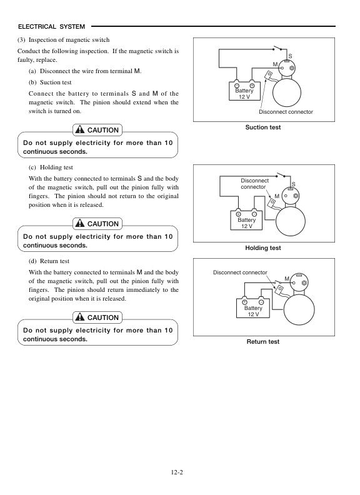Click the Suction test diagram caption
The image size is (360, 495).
coord(262,127)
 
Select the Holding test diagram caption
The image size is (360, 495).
coord(262,248)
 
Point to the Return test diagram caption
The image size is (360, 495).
coord(262,342)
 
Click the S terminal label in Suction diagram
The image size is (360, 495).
coord(290,57)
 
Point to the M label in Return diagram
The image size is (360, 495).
coord(286,278)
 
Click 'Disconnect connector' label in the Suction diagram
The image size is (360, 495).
coord(286,111)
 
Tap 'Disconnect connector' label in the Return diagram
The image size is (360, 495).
coord(240,272)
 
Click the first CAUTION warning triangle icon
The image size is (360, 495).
coord(79,130)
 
